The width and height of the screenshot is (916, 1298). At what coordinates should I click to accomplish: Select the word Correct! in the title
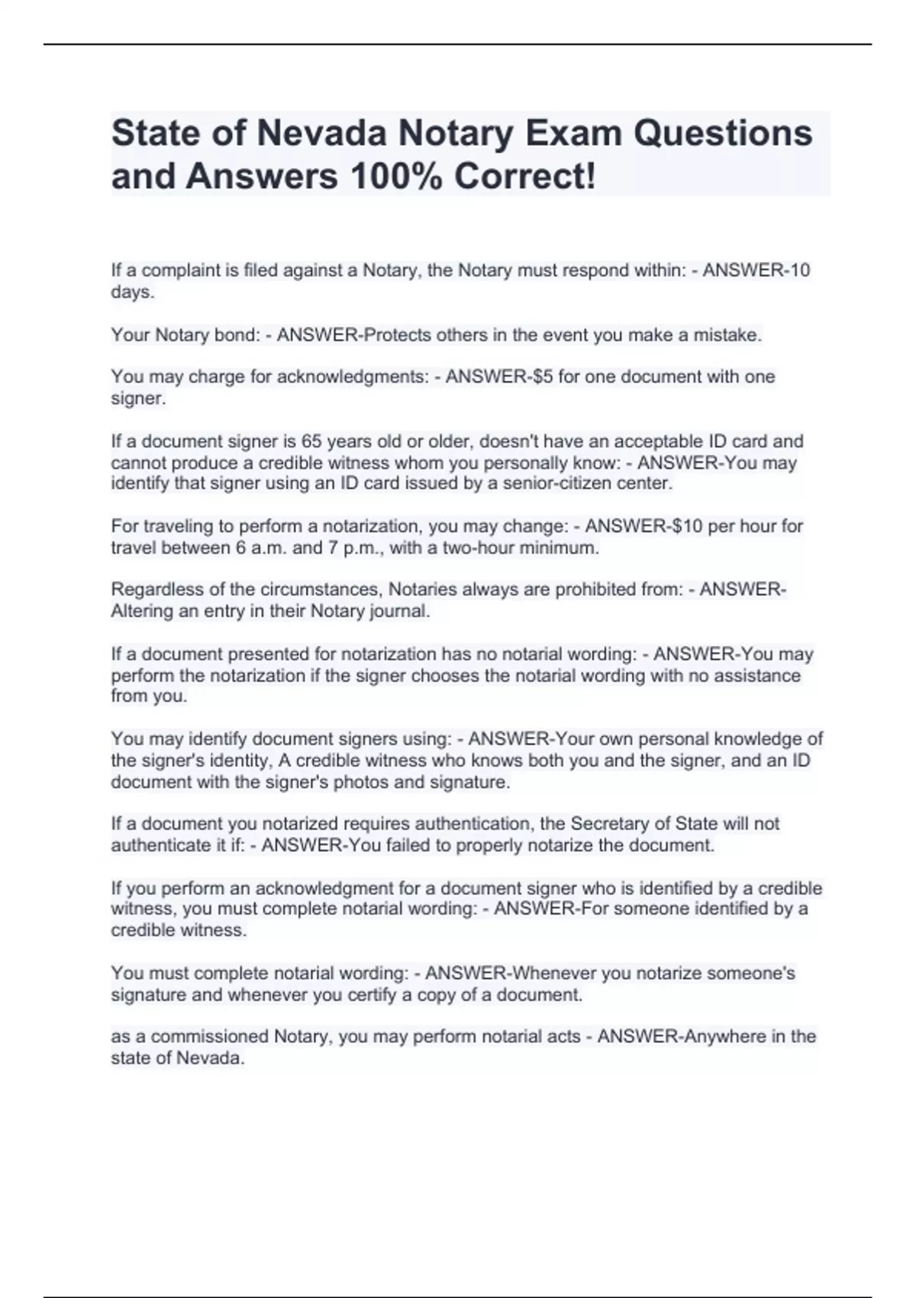(x=524, y=177)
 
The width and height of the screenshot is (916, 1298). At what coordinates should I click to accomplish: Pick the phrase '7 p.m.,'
(x=357, y=547)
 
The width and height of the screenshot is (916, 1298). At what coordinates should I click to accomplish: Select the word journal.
(x=403, y=611)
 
